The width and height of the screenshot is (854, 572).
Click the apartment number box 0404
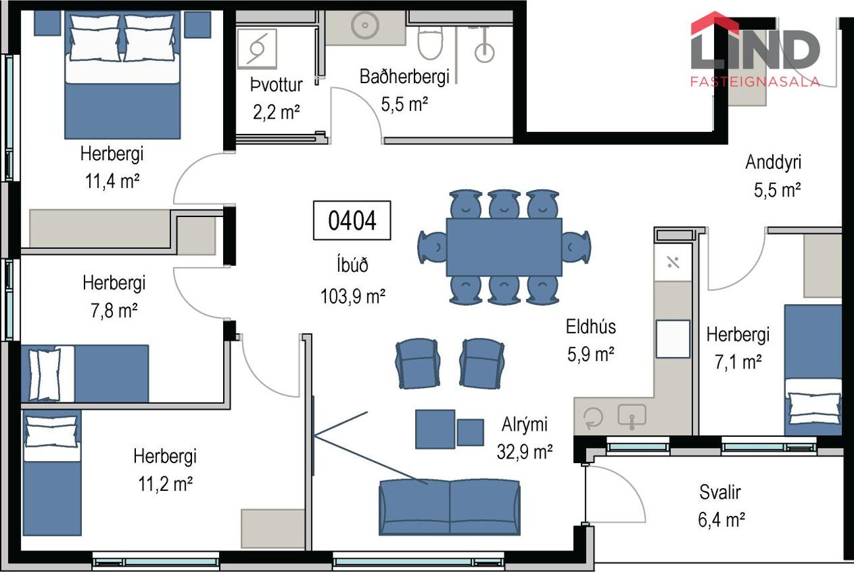[352, 220]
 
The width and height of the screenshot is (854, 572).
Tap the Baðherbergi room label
[405, 77]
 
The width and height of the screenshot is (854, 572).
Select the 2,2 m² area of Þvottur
[277, 112]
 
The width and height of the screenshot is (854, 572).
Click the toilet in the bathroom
[430, 43]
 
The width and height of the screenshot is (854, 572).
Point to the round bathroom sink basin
[365, 26]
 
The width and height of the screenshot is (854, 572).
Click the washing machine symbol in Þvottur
[257, 49]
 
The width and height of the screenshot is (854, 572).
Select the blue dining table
[504, 247]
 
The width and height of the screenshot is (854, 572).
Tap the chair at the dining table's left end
[432, 247]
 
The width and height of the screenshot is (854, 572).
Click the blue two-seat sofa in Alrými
[449, 507]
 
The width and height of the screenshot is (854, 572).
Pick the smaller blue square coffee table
[471, 432]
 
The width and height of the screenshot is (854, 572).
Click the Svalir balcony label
[720, 492]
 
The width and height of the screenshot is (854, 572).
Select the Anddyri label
[773, 162]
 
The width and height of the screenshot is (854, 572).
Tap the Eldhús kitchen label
[591, 327]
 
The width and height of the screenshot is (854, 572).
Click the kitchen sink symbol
[632, 416]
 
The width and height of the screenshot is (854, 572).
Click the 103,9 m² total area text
[352, 296]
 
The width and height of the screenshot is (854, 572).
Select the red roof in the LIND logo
[715, 22]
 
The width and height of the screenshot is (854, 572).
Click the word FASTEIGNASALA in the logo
[755, 82]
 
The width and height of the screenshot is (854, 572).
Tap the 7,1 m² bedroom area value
[738, 362]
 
